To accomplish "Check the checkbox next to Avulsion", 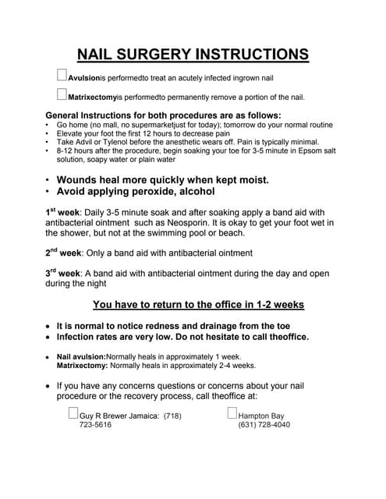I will coord(62,76).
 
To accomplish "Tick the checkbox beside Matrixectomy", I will coord(62,95).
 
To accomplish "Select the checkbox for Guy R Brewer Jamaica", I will coord(74,414).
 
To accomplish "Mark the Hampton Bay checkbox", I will coord(232,414).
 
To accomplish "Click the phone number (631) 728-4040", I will coord(264,425).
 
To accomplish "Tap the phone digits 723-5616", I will coord(96,425).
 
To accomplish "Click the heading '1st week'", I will coord(63,212).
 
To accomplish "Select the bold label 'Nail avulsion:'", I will coord(81,356).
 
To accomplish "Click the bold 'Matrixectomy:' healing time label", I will coord(83,365).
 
